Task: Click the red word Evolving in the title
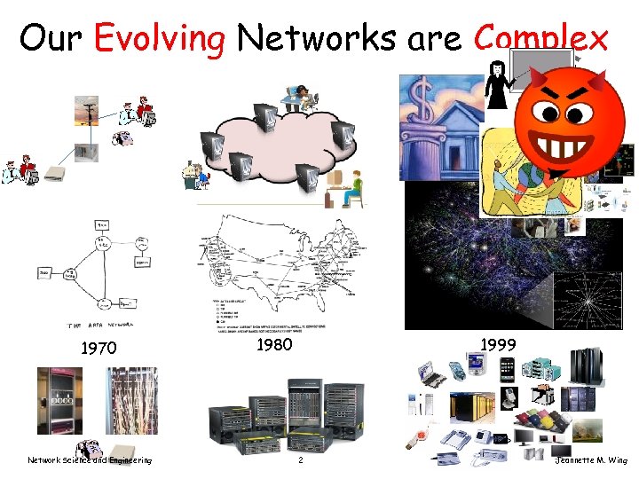160,38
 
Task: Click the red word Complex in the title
541,38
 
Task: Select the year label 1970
98,349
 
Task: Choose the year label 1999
498,342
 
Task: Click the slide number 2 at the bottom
301,460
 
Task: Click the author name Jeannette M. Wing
590,460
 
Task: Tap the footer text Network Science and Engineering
89,460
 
